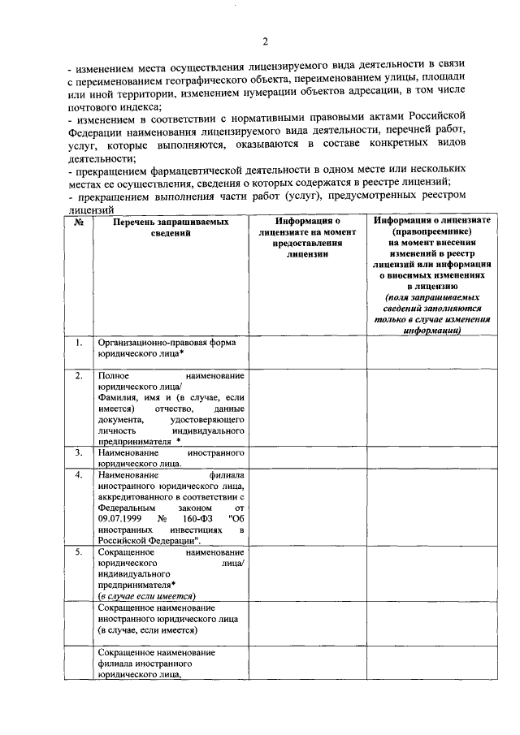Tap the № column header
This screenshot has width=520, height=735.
coord(79,221)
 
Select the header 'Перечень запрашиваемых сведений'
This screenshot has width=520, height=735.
coord(171,227)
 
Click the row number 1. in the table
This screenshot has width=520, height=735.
coord(79,343)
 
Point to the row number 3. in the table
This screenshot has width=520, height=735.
coord(79,451)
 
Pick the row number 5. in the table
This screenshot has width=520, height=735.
coord(79,551)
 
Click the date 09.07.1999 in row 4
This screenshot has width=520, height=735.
coord(119,517)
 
